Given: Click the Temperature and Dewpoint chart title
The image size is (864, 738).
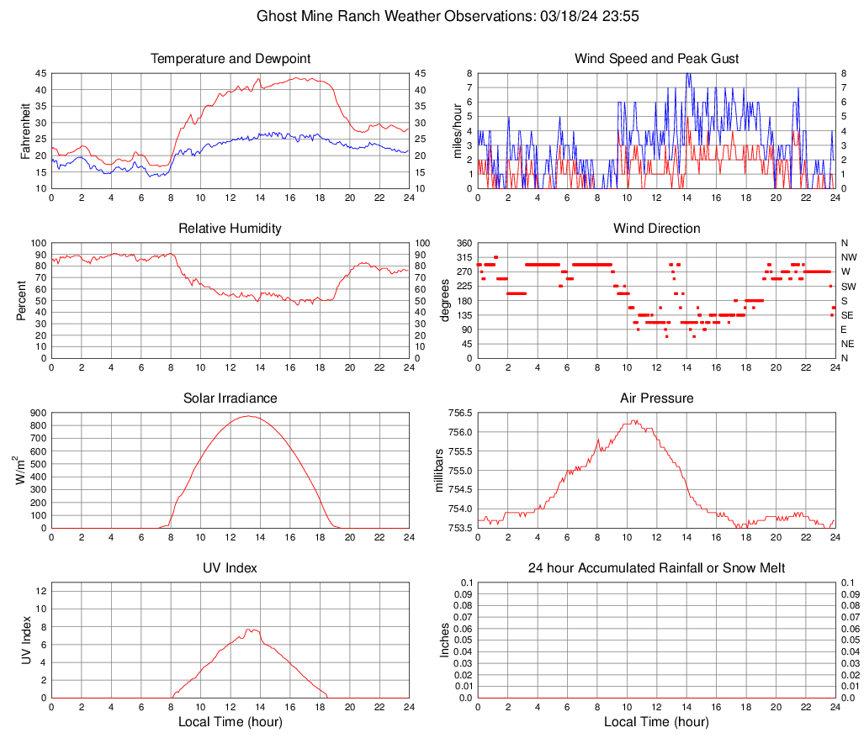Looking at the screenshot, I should coord(230,59).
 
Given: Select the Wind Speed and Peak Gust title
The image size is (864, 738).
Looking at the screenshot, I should coord(656,59).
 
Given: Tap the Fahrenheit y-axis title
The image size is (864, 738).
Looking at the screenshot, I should coord(24,131).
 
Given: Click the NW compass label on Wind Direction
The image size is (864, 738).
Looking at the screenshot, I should coord(849,257).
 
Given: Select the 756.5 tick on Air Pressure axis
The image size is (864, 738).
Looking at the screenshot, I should coord(459,414).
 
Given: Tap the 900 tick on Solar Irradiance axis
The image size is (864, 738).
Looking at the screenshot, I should coord(38,414).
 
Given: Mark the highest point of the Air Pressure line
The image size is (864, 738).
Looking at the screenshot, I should coord(633,420).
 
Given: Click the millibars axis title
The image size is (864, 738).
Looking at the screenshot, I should coord(438,471).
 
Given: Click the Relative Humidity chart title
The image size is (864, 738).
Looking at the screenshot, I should coord(230,229).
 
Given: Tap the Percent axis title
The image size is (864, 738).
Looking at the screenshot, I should coord(22,301).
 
